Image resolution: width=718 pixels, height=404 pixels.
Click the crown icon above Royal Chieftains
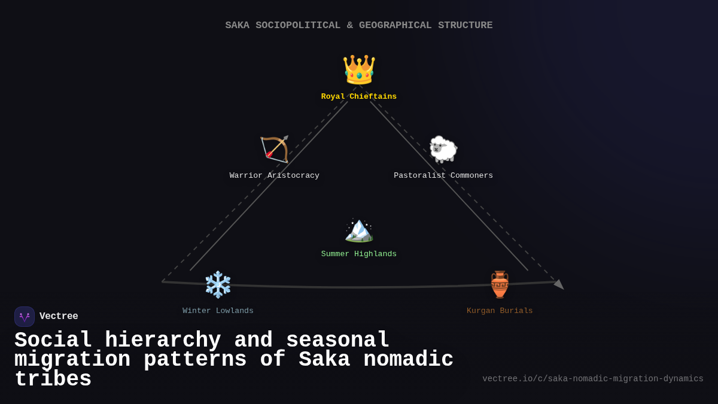tap(359, 69)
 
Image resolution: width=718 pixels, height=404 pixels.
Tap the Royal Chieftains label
tap(359, 97)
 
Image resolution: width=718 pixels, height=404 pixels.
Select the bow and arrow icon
tap(275, 149)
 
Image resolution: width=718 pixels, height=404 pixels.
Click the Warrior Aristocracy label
tap(275, 176)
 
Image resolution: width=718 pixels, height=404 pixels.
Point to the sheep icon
tap(443, 149)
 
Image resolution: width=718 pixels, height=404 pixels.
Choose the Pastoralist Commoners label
tap(443, 176)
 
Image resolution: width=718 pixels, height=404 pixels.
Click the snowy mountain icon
tap(359, 230)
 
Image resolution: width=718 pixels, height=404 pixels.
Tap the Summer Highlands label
tap(359, 254)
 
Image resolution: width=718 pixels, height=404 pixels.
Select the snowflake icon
tap(218, 284)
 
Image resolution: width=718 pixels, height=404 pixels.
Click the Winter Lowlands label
tap(218, 311)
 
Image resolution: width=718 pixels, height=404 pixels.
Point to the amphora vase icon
tap(500, 284)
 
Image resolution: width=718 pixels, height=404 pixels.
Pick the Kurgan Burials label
tap(500, 311)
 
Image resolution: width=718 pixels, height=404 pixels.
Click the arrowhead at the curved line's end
tap(559, 284)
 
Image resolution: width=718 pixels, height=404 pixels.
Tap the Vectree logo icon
tap(25, 317)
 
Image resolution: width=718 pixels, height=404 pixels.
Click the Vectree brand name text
tap(59, 317)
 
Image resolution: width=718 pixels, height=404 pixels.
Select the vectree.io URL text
tap(593, 379)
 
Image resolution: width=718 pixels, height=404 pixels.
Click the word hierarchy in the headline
tap(163, 341)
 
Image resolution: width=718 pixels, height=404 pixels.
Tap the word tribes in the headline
tap(53, 379)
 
